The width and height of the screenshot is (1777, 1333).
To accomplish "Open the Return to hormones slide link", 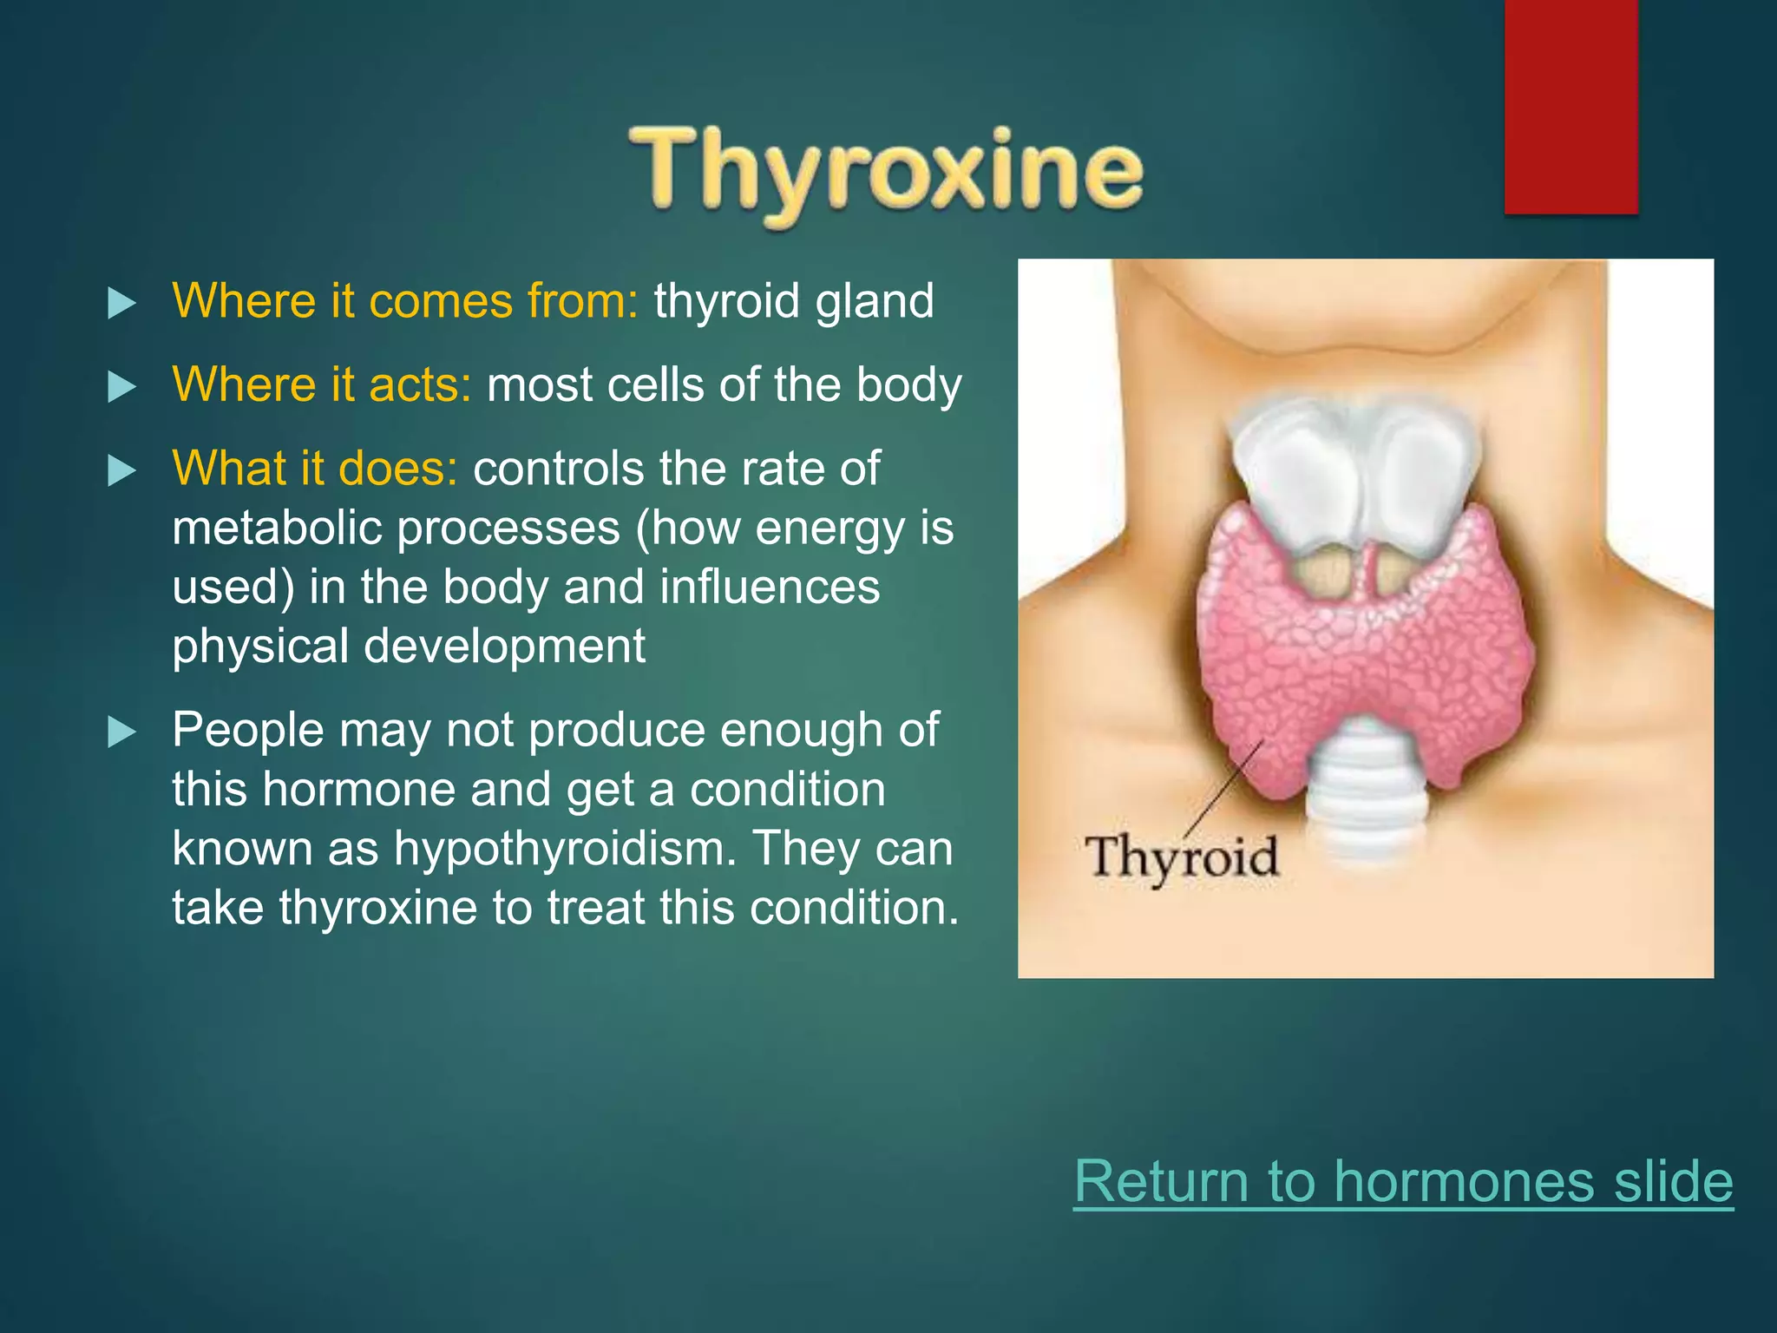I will point(1403,1181).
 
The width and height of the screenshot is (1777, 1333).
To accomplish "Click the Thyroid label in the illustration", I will point(1182,857).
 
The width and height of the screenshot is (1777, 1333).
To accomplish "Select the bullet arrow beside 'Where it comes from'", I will point(121,303).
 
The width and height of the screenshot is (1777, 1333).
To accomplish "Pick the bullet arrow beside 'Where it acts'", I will point(121,386).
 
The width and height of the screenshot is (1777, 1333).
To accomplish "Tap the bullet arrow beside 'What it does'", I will point(121,470).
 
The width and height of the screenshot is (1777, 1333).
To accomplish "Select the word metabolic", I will point(277,528).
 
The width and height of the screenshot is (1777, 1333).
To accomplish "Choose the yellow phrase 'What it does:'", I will point(314,469).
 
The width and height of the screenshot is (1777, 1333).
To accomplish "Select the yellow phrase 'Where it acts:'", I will point(322,384).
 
